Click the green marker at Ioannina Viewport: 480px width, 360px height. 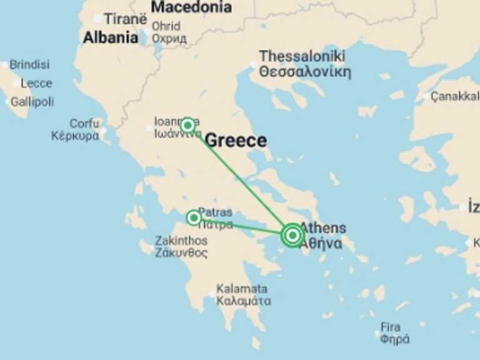click(x=187, y=125)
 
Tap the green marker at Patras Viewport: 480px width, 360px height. click(x=194, y=217)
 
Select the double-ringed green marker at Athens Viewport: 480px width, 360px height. click(x=292, y=235)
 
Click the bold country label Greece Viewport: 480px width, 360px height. click(x=236, y=141)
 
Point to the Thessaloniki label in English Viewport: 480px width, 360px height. click(x=301, y=56)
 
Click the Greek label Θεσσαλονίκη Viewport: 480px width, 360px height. click(x=305, y=71)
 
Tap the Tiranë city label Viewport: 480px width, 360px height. click(x=125, y=19)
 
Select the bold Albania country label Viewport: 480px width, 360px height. click(x=111, y=37)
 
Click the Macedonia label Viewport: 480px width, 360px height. click(x=191, y=7)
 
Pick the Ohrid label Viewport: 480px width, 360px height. click(x=166, y=26)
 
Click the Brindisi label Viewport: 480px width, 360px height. click(x=29, y=65)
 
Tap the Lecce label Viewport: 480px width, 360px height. click(x=36, y=83)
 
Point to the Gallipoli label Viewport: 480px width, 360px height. click(x=32, y=101)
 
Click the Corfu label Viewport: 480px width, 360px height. click(x=84, y=124)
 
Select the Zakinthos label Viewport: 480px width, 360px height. click(x=181, y=241)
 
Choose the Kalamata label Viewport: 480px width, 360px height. click(x=242, y=289)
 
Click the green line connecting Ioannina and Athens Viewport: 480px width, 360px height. click(x=240, y=180)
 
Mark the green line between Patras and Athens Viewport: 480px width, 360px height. click(x=244, y=226)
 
